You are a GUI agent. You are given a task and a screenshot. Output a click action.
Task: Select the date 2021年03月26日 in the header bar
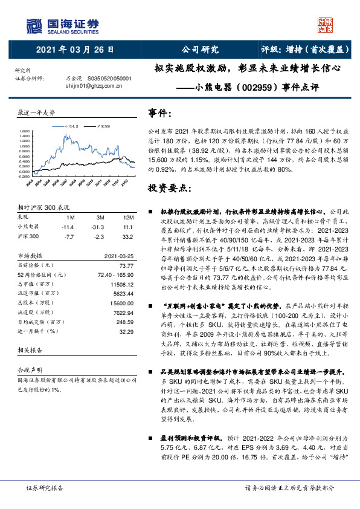click(71, 50)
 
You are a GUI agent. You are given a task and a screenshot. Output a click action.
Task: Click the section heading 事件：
click(164, 113)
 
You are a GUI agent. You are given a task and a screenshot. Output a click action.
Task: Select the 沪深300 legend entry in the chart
click(103, 126)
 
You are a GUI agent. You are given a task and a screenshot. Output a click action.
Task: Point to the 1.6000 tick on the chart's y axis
click(25, 131)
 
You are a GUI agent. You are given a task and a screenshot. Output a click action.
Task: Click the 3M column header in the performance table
click(101, 216)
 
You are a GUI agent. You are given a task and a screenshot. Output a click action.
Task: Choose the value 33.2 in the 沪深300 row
click(127, 236)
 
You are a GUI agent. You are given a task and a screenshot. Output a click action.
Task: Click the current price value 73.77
click(125, 265)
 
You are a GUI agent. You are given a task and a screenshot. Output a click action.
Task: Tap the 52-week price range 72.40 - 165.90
click(112, 274)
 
